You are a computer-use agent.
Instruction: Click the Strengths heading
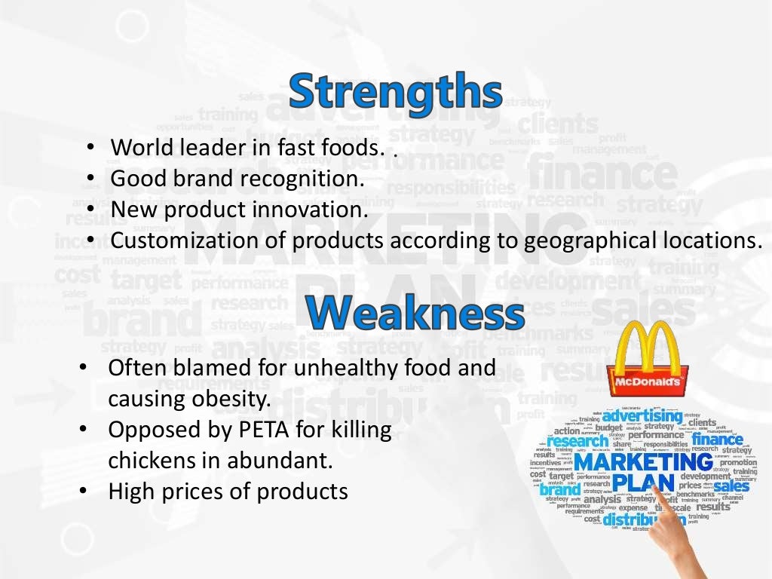[395, 91]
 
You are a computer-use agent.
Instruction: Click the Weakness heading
[415, 313]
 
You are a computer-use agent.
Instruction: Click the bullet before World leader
[90, 147]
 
